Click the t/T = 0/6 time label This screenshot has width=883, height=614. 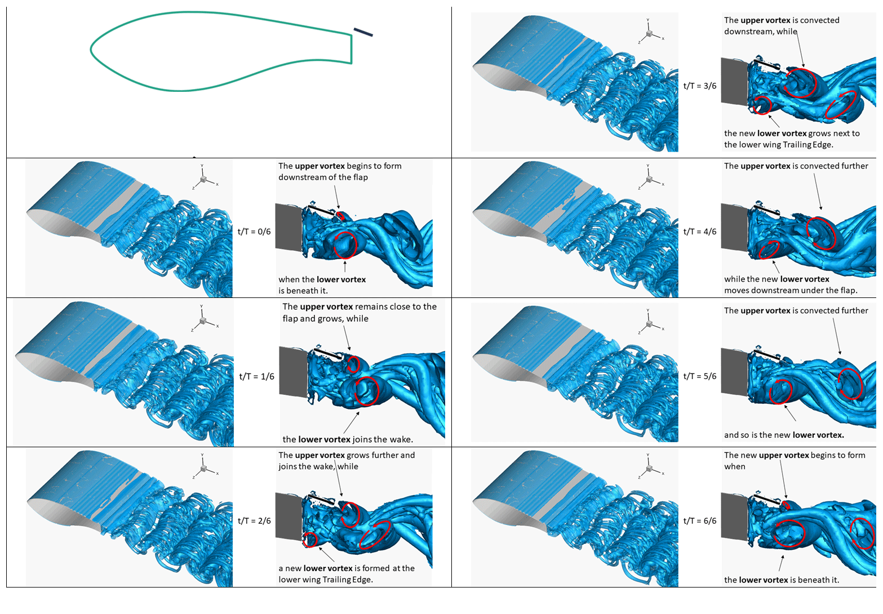coord(254,232)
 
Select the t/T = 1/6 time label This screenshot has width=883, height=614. coord(256,376)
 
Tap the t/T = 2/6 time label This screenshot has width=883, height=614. coord(254,521)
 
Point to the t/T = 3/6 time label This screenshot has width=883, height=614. coord(700,86)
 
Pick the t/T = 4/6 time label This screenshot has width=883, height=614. coord(700,232)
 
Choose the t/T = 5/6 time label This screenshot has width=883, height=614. coord(700,376)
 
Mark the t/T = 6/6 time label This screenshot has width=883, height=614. coord(700,521)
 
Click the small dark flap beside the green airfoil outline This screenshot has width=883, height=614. coord(363,32)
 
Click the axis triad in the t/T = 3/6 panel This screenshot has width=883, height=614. coord(650,33)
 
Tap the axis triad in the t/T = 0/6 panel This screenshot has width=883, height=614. coord(204,179)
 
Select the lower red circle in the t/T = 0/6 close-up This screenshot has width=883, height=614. coord(345,245)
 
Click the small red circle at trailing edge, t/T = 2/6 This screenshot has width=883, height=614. coord(310,540)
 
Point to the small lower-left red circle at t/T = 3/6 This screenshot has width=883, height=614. coord(762,105)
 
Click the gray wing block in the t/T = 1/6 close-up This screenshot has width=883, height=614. coord(294,372)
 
